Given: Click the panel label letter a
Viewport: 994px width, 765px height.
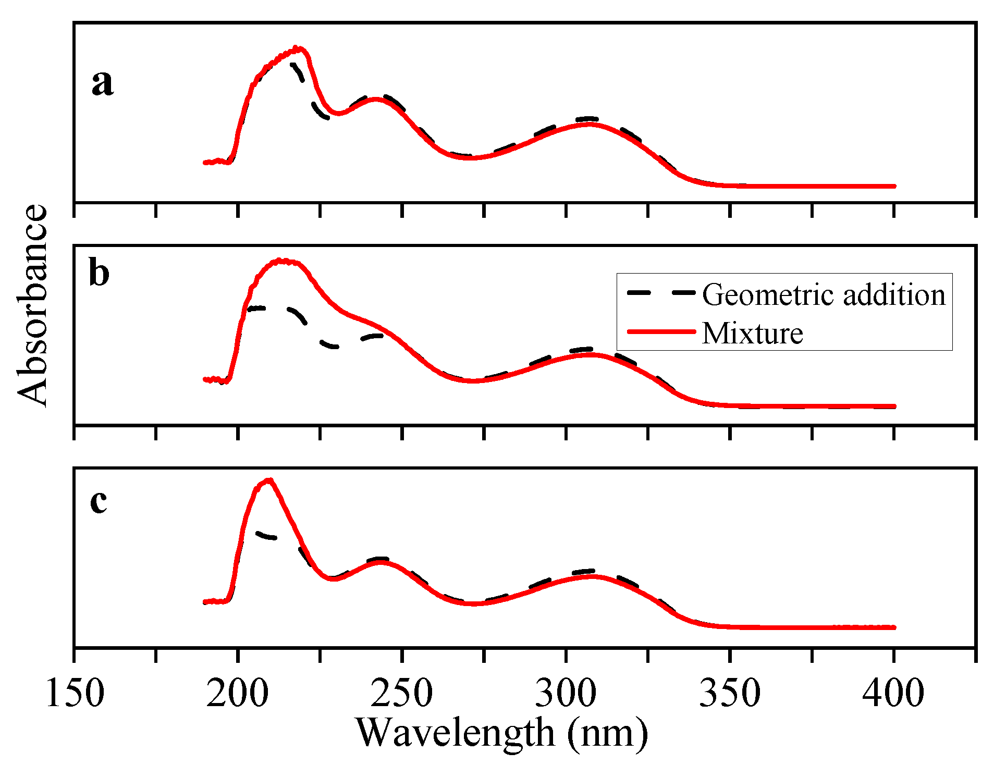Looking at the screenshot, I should point(102,83).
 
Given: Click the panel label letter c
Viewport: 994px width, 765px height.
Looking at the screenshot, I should point(99,502).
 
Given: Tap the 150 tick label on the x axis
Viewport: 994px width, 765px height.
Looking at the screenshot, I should point(75,694).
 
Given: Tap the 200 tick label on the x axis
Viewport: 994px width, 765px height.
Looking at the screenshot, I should point(238,694).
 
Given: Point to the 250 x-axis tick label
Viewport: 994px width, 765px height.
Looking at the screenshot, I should point(401,694).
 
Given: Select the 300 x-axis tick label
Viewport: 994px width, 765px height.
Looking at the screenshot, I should point(566,694).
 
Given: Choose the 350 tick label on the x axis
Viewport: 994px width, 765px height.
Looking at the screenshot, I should point(730,694).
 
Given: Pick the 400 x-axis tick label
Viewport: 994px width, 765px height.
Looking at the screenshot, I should point(893,694).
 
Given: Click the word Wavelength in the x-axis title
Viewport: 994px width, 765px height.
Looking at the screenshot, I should point(455,733).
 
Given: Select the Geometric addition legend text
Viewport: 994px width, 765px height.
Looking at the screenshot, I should point(824,295).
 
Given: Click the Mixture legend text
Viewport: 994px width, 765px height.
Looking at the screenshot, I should point(752,334).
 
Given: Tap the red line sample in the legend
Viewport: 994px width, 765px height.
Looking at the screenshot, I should point(661,331).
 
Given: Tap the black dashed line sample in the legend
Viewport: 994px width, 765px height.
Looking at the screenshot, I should point(661,292).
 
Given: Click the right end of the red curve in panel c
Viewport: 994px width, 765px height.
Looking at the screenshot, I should point(894,627).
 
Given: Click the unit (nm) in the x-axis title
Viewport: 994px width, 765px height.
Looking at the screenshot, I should point(608,733).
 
